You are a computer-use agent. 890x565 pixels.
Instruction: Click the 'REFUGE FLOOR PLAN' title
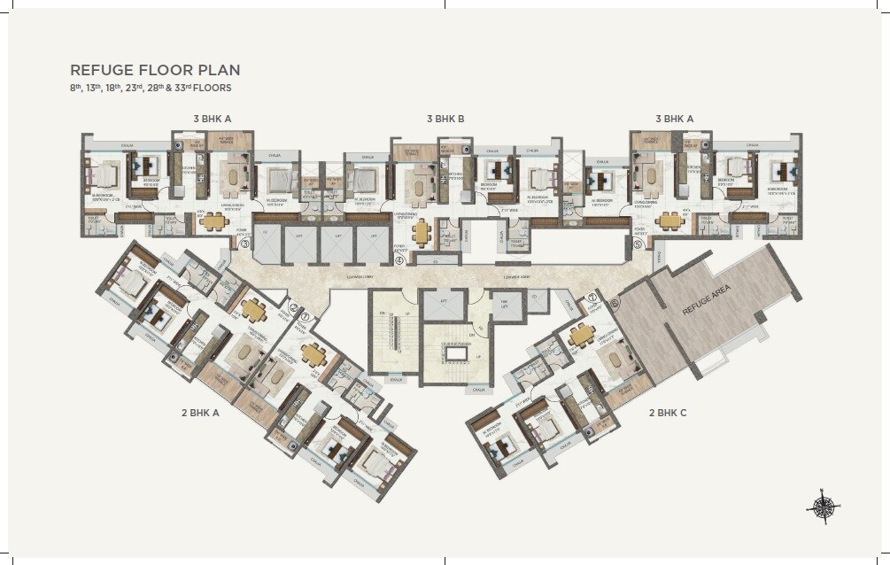pyautogui.click(x=155, y=70)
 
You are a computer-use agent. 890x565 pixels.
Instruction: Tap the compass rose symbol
pyautogui.click(x=821, y=505)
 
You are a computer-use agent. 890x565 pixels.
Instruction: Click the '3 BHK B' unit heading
pyautogui.click(x=445, y=118)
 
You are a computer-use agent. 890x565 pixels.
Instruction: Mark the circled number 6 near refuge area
pyautogui.click(x=615, y=303)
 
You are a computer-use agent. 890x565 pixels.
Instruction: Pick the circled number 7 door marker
pyautogui.click(x=592, y=297)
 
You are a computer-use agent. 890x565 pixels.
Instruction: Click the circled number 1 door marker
pyautogui.click(x=305, y=316)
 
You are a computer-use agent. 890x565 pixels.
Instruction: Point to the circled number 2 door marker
pyautogui.click(x=293, y=307)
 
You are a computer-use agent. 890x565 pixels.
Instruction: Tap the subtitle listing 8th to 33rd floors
pyautogui.click(x=151, y=88)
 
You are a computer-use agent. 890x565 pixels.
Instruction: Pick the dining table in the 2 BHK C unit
pyautogui.click(x=582, y=335)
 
